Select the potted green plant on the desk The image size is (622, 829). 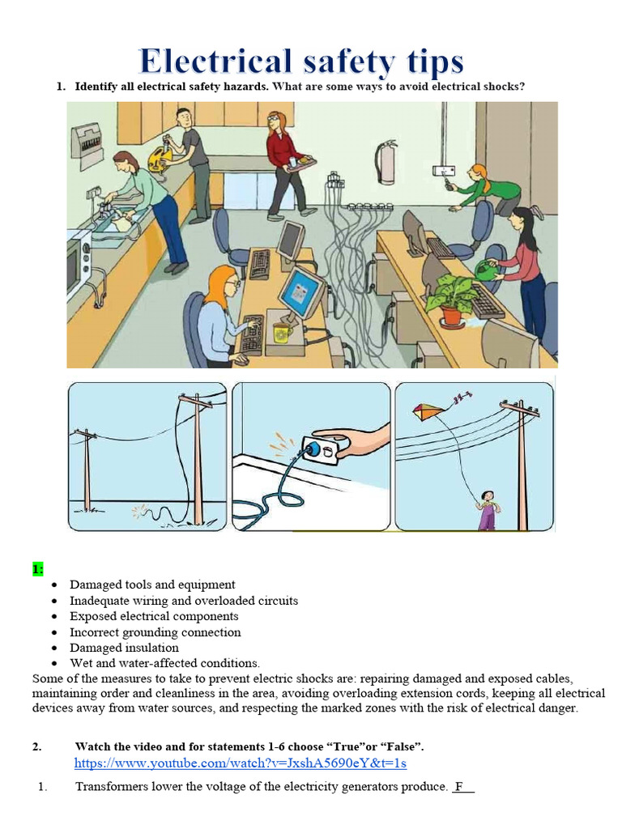click(451, 295)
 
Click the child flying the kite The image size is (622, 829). click(487, 509)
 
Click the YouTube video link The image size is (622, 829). click(240, 763)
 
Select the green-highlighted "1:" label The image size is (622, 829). click(38, 569)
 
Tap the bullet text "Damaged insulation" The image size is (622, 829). click(124, 648)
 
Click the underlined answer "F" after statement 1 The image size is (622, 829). click(460, 787)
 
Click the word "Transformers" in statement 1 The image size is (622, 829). click(111, 787)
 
